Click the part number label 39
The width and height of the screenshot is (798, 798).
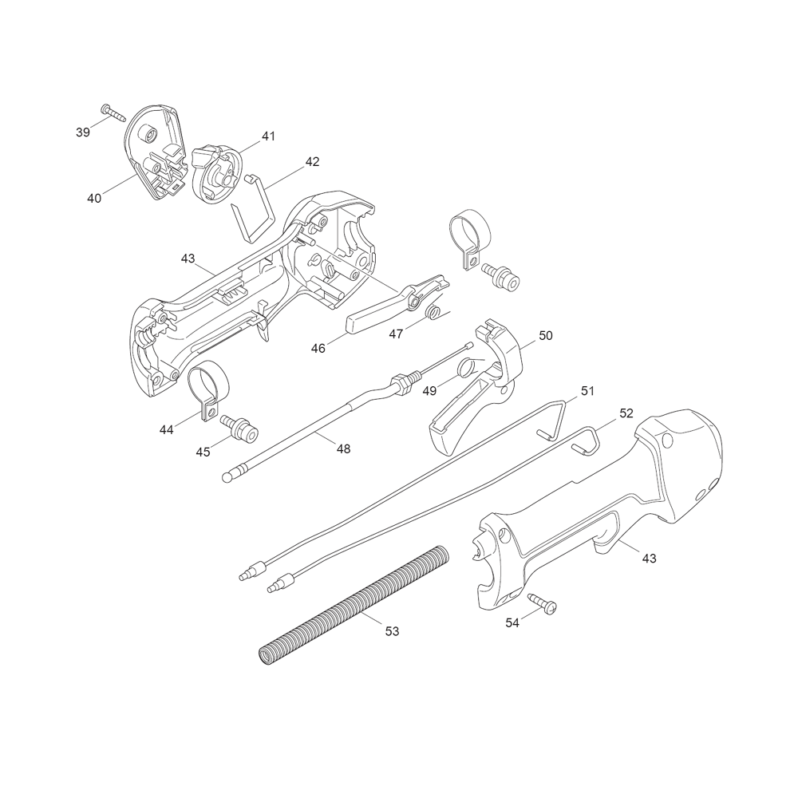click(x=83, y=132)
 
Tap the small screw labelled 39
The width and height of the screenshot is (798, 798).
click(x=113, y=112)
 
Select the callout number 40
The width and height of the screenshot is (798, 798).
click(x=94, y=198)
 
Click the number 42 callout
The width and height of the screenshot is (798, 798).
click(x=312, y=162)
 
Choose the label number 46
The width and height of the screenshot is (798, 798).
click(x=318, y=349)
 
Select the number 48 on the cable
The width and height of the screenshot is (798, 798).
click(x=343, y=448)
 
